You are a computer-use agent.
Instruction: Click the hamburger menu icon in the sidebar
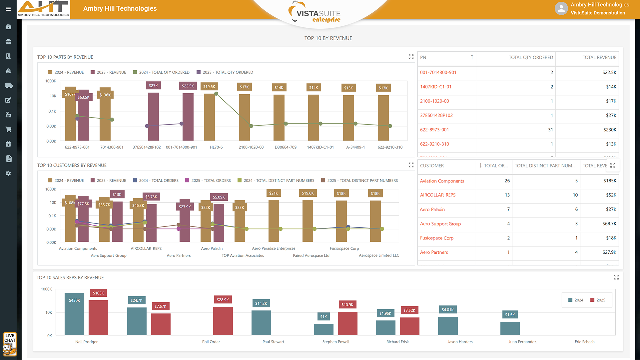(8, 9)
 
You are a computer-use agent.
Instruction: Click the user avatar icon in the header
(561, 9)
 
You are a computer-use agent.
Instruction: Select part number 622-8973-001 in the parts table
(434, 130)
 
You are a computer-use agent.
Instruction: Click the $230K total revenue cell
(610, 130)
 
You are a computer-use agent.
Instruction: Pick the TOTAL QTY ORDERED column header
(530, 58)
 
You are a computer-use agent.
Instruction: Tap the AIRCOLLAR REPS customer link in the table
(437, 195)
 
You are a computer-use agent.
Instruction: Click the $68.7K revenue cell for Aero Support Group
(609, 224)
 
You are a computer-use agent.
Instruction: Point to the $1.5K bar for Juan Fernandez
(510, 328)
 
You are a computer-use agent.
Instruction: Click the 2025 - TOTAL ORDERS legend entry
(208, 180)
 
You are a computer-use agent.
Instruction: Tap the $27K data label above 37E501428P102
(153, 86)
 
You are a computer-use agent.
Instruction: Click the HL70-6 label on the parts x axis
(216, 147)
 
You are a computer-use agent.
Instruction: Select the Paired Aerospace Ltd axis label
(311, 256)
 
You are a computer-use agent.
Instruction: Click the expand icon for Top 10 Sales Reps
(616, 277)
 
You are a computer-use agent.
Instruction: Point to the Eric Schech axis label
(584, 342)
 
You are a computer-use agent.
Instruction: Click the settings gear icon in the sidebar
(8, 174)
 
